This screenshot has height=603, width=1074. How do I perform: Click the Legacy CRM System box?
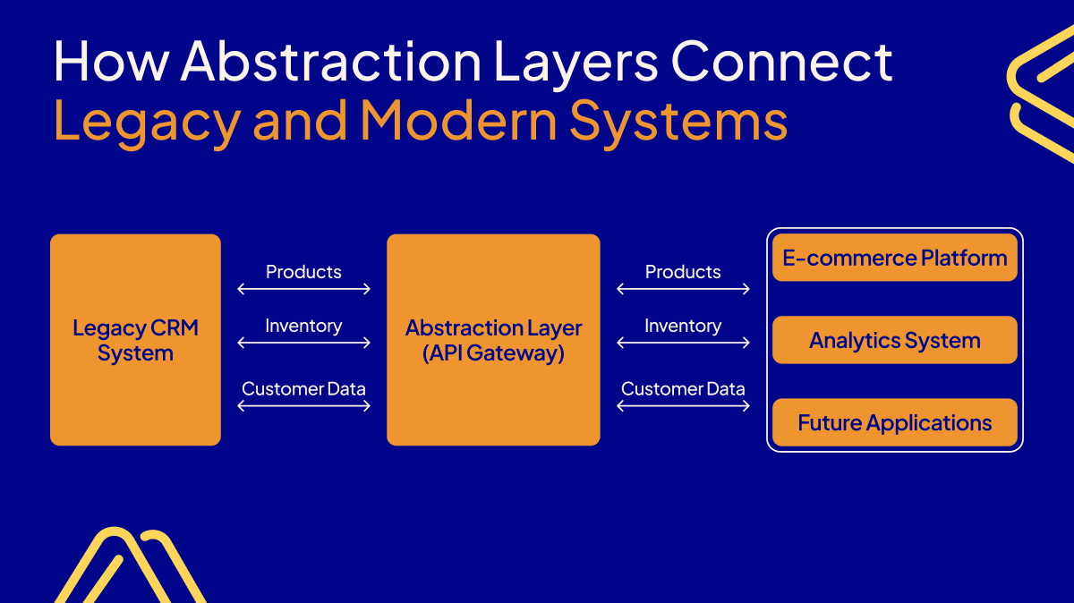point(135,340)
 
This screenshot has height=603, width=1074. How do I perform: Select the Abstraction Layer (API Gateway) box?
point(493,340)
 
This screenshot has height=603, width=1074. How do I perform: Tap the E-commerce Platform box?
point(895,258)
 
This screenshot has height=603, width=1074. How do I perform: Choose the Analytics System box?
point(895,340)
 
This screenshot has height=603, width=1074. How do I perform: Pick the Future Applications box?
point(895,422)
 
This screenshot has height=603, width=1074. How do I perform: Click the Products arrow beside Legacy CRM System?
point(304,289)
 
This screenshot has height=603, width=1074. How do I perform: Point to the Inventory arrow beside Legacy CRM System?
point(304,343)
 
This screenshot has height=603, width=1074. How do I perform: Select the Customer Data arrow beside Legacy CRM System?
point(304,405)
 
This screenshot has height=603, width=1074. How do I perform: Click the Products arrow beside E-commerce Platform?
point(684,289)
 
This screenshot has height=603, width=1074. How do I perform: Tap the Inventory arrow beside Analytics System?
point(684,343)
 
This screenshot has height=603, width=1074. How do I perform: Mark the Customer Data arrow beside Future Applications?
point(684,405)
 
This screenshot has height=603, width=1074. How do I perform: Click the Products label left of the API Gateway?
point(304,272)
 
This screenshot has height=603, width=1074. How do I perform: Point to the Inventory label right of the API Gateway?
point(684,327)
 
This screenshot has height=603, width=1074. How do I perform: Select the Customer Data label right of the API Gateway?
point(684,389)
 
